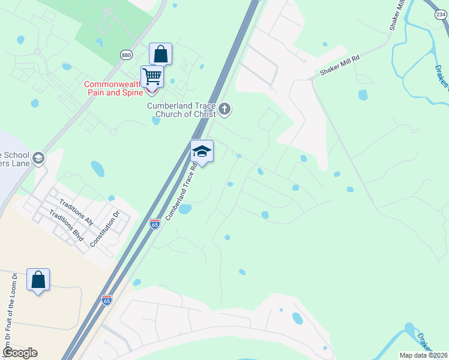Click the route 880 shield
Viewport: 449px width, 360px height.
(x=126, y=55)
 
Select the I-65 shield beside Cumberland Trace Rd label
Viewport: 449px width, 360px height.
(x=155, y=224)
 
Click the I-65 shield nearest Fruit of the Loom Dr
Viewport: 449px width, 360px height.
(x=107, y=299)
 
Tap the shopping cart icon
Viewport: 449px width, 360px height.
(x=152, y=77)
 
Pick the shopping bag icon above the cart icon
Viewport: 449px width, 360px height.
(x=161, y=55)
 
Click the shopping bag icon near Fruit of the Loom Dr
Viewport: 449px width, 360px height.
(x=38, y=280)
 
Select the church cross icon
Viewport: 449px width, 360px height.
(x=224, y=109)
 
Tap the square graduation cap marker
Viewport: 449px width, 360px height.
(x=202, y=152)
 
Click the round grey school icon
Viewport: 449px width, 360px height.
(x=38, y=158)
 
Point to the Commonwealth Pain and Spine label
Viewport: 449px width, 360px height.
(x=113, y=89)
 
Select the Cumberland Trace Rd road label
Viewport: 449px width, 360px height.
(x=182, y=190)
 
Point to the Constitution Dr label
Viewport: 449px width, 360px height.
(x=105, y=229)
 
